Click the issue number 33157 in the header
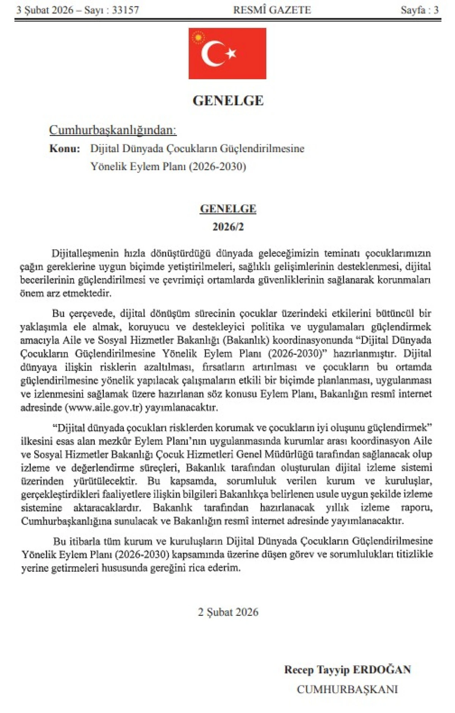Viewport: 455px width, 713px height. pos(126,10)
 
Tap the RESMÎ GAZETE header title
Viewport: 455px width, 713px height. pos(272,10)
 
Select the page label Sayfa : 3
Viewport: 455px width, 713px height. pos(419,10)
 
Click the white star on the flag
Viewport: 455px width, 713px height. pos(231,53)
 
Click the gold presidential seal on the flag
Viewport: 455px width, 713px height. pos(198,38)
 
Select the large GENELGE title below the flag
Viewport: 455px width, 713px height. pos(228,101)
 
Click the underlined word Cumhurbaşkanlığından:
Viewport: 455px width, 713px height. pos(113,130)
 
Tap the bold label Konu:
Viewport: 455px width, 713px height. pos(64,148)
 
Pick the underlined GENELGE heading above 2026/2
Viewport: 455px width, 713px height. pos(228,209)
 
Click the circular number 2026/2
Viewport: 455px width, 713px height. pos(228,227)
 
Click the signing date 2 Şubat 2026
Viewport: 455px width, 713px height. pos(228,612)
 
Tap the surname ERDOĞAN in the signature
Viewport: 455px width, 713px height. pos(381,669)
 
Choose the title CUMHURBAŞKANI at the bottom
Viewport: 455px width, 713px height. pos(347,689)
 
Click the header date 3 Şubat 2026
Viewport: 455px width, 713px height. pos(45,10)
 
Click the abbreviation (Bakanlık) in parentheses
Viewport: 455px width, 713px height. pos(246,340)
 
